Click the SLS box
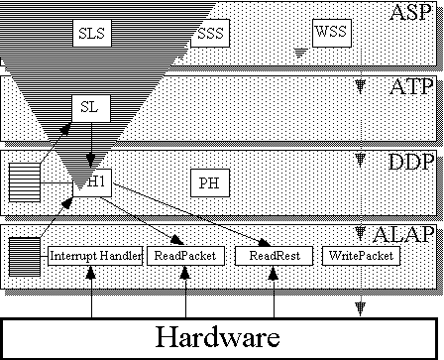pyautogui.click(x=92, y=33)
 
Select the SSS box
pyautogui.click(x=210, y=33)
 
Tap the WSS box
pyautogui.click(x=332, y=33)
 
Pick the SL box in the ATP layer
pyautogui.click(x=91, y=108)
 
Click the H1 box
pyautogui.click(x=92, y=182)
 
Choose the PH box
pyautogui.click(x=210, y=182)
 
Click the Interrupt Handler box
pyautogui.click(x=95, y=256)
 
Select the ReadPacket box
pyautogui.click(x=185, y=256)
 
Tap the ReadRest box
pyautogui.click(x=274, y=256)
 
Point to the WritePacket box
pyautogui.click(x=361, y=256)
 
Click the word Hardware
pyautogui.click(x=218, y=337)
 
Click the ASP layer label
pyautogui.click(x=410, y=13)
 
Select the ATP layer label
pyautogui.click(x=411, y=87)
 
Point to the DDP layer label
pyautogui.click(x=410, y=162)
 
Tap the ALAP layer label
pyautogui.click(x=403, y=234)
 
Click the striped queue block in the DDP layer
pyautogui.click(x=25, y=182)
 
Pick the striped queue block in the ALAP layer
pyautogui.click(x=25, y=257)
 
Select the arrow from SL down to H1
pyautogui.click(x=91, y=146)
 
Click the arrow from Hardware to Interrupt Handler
pyautogui.click(x=91, y=292)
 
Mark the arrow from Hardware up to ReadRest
pyautogui.click(x=274, y=292)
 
